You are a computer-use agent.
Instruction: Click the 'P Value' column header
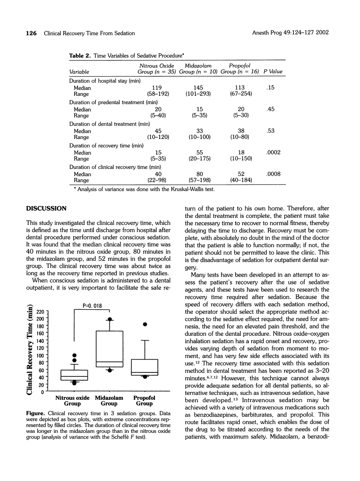coord(273,71)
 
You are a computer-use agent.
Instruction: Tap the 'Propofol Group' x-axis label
coord(144,400)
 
